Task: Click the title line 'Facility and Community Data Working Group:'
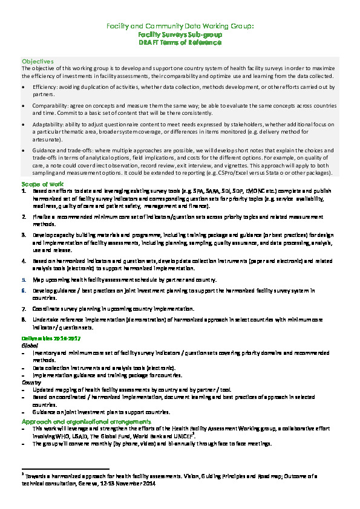pyautogui.click(x=180, y=27)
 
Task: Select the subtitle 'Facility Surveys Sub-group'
pyautogui.click(x=180, y=34)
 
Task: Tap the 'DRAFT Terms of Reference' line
pyautogui.click(x=180, y=42)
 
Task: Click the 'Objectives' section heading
pyautogui.click(x=38, y=62)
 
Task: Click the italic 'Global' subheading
pyautogui.click(x=30, y=345)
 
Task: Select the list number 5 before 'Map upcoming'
pyautogui.click(x=24, y=280)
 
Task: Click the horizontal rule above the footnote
pyautogui.click(x=65, y=468)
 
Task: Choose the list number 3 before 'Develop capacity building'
pyautogui.click(x=24, y=233)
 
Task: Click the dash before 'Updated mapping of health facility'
pyautogui.click(x=23, y=390)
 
